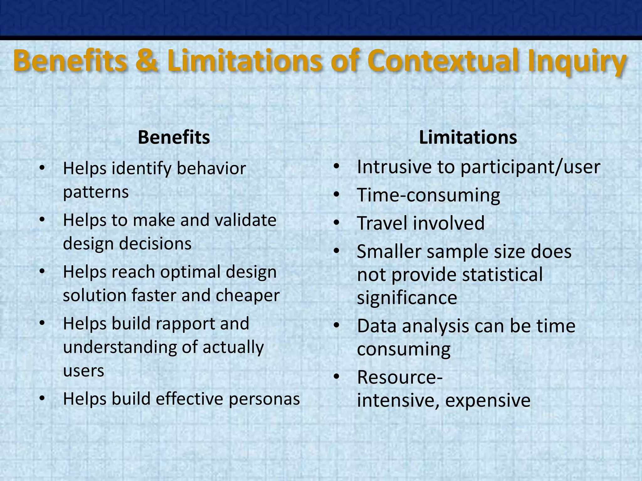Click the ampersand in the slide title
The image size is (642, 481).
coord(147,61)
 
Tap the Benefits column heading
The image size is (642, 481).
coord(174,137)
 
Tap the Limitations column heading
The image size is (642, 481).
coord(468,137)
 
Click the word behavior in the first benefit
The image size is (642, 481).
coord(211,168)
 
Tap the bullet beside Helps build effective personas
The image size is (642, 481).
coord(42,399)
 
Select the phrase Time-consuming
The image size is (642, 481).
coord(428,195)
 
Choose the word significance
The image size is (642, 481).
coord(407,297)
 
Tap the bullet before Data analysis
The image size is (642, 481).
coord(337,326)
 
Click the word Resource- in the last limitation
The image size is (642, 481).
coord(400,377)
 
